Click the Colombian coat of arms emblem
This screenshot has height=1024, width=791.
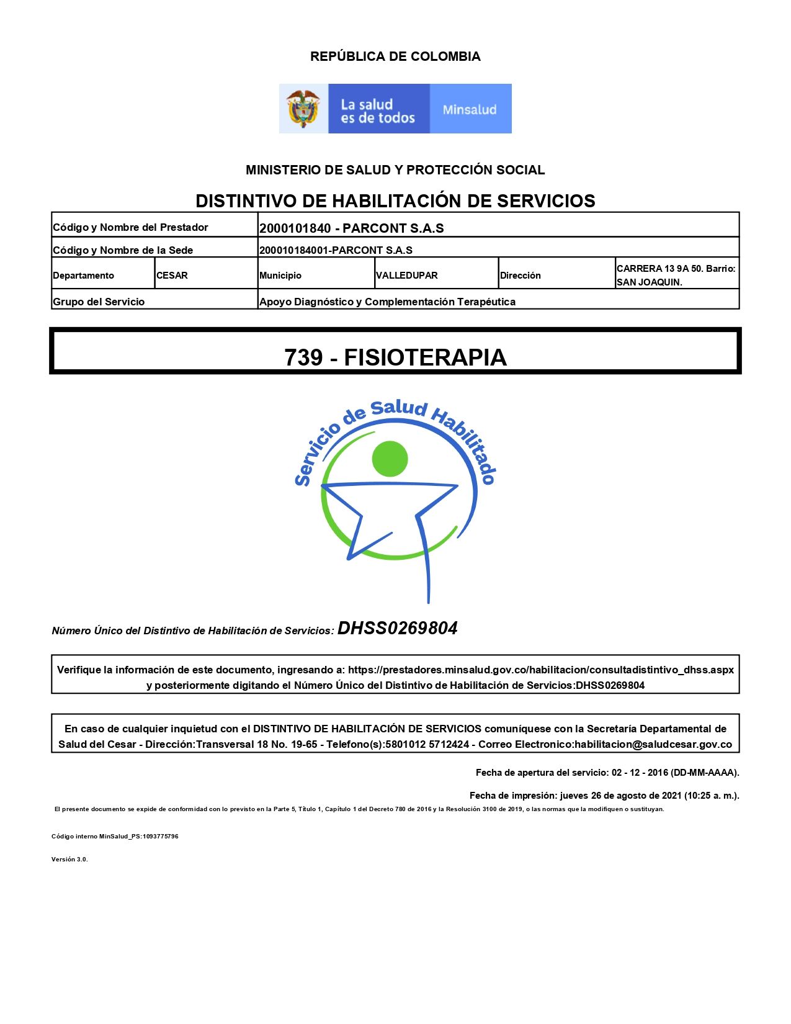pyautogui.click(x=303, y=109)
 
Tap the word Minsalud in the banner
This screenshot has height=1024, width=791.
pyautogui.click(x=470, y=110)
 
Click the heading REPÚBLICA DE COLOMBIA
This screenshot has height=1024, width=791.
pyautogui.click(x=395, y=56)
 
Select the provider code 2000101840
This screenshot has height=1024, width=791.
pyautogui.click(x=295, y=228)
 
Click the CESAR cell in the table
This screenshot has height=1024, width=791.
pyautogui.click(x=172, y=276)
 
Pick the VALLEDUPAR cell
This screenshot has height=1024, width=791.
pyautogui.click(x=407, y=276)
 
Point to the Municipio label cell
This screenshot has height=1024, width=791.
pyautogui.click(x=280, y=276)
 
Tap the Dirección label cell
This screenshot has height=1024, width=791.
pyautogui.click(x=521, y=276)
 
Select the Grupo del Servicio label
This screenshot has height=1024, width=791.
pyautogui.click(x=99, y=302)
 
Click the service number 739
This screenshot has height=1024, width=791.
pyautogui.click(x=303, y=357)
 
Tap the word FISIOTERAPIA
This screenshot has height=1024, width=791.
pyautogui.click(x=425, y=357)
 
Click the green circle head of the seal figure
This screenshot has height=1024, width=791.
pyautogui.click(x=390, y=459)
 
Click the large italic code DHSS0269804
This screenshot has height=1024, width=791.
pyautogui.click(x=398, y=629)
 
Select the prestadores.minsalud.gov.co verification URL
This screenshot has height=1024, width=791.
pyautogui.click(x=540, y=670)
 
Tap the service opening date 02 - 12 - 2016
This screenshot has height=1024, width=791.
pyautogui.click(x=640, y=773)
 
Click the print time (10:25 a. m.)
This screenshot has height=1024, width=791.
pyautogui.click(x=711, y=796)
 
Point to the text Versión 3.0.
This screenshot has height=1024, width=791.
pyautogui.click(x=69, y=860)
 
